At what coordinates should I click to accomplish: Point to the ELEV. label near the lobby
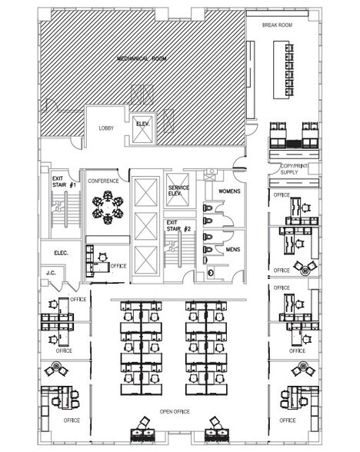coord(142,125)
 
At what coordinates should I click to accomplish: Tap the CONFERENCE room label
coord(103,181)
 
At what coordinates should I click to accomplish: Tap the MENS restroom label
coord(233,250)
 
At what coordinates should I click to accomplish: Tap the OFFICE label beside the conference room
coord(118,266)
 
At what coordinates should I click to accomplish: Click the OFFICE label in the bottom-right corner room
coord(287,420)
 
